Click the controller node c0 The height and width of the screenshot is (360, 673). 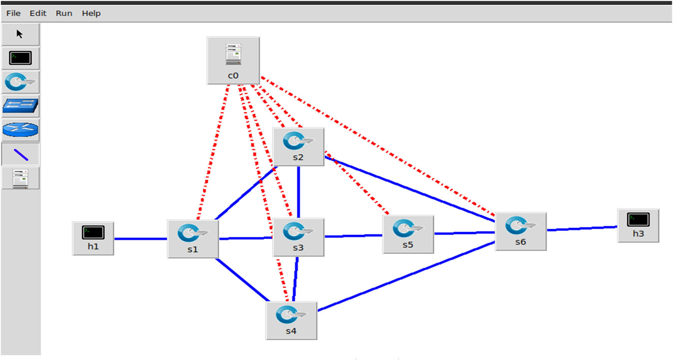click(233, 60)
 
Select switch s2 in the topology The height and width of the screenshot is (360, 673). click(298, 147)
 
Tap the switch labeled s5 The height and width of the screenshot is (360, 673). click(408, 234)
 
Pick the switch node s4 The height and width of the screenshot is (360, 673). click(291, 320)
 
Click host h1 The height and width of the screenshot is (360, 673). click(93, 238)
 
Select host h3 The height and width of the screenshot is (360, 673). click(638, 225)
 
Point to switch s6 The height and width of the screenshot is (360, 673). click(520, 231)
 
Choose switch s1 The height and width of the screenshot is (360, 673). click(193, 238)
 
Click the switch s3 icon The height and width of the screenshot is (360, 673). click(298, 237)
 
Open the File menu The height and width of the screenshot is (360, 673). click(13, 13)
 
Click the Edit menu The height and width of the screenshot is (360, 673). click(38, 13)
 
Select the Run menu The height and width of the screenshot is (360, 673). click(64, 13)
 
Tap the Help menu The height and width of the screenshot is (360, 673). click(91, 13)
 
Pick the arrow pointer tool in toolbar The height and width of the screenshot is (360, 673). click(20, 34)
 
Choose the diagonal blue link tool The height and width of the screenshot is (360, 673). click(21, 155)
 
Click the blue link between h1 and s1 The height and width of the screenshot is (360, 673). click(140, 239)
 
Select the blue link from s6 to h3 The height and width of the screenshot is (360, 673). click(581, 228)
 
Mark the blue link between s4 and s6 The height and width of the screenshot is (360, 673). click(406, 276)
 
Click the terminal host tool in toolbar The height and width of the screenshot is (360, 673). click(20, 58)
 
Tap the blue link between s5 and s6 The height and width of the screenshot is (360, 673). click(464, 233)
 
